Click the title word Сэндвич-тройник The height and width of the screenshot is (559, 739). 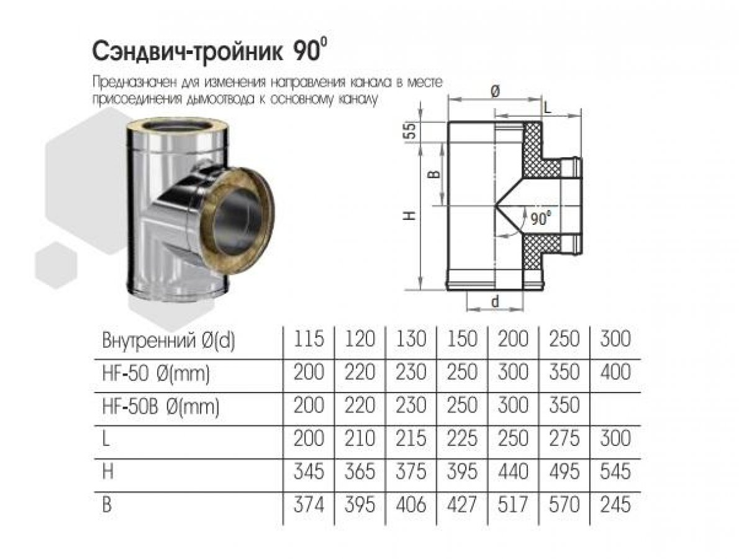coord(188,52)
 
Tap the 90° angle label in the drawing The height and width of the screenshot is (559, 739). coord(540,219)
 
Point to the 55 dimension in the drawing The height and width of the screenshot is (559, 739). coord(411,130)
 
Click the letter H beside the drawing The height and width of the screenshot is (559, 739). coord(411,216)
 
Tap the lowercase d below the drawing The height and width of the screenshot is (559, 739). coord(495,301)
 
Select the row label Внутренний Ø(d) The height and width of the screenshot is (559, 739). coord(168,340)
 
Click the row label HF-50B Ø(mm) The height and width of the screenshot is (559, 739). coord(161,406)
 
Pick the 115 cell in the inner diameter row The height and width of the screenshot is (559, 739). coord(309,339)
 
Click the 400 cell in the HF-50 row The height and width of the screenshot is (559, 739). coord(615,372)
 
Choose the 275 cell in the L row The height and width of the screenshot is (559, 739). coord(564,439)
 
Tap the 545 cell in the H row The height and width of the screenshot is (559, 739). coord(615,471)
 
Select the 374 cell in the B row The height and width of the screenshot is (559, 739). coord(309,505)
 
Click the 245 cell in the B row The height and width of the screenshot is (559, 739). coord(615,505)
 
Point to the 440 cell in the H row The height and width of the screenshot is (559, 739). coord(513,471)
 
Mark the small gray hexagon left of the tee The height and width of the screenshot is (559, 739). coord(56,265)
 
